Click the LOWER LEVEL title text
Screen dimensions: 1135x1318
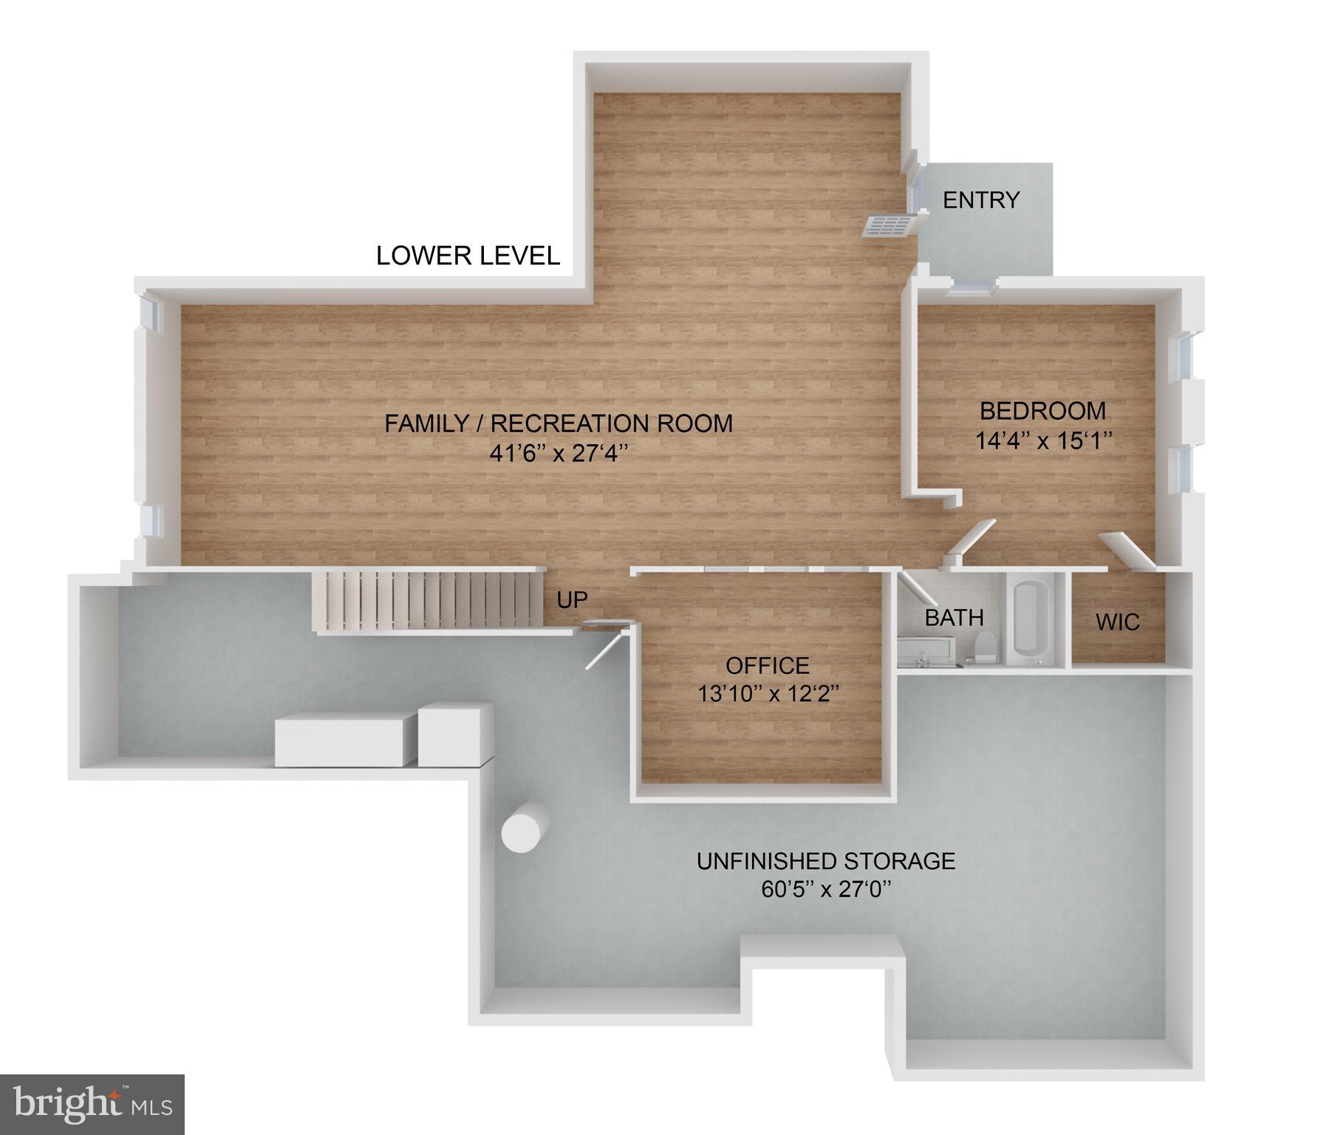(468, 256)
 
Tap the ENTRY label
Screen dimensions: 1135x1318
(980, 200)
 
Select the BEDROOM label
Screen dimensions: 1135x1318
(1042, 411)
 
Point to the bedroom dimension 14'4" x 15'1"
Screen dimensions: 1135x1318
(1043, 441)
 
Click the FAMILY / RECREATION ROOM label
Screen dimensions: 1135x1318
(559, 423)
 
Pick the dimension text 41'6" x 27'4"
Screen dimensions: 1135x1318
(559, 453)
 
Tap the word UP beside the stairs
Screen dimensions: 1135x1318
(572, 600)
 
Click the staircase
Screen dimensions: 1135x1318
(428, 600)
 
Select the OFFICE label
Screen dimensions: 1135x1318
(767, 666)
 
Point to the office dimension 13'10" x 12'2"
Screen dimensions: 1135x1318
(768, 694)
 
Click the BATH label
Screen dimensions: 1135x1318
(954, 618)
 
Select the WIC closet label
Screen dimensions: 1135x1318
(1117, 622)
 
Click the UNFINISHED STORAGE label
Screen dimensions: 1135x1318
(825, 861)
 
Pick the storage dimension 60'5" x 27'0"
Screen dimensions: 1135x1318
(826, 889)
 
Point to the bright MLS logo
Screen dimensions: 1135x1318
(92, 1104)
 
